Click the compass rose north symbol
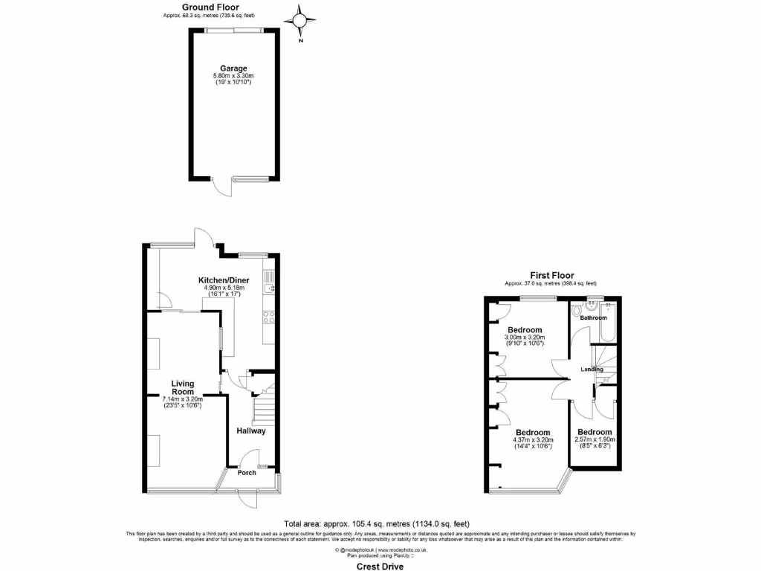click(x=300, y=20)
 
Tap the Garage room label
click(x=233, y=68)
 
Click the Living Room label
click(x=183, y=388)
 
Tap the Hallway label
click(x=251, y=431)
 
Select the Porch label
click(x=247, y=473)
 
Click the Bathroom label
click(x=594, y=318)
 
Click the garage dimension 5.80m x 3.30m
click(x=233, y=76)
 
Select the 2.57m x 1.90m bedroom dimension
click(x=595, y=439)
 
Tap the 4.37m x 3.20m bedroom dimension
click(x=533, y=439)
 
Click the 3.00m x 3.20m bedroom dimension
click(x=525, y=337)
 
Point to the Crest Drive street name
click(x=380, y=567)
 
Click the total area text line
click(x=377, y=523)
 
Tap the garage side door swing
click(x=220, y=188)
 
